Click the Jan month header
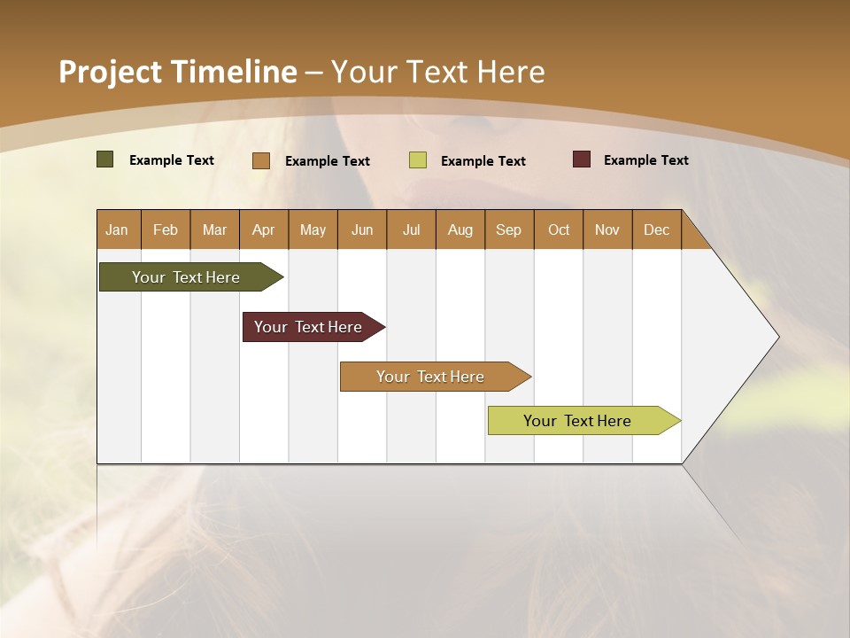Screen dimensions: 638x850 point(118,230)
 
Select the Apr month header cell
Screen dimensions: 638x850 point(264,230)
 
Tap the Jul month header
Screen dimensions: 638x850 point(411,230)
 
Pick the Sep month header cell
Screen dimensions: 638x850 point(509,230)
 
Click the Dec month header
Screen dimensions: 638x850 point(656,230)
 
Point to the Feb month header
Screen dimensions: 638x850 point(166,230)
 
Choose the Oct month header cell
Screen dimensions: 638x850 point(559,230)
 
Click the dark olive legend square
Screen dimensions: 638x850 point(105,159)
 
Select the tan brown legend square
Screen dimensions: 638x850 point(261,160)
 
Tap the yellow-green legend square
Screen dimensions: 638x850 point(418,160)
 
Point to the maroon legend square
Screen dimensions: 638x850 point(582,159)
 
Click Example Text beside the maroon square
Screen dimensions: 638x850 point(645,160)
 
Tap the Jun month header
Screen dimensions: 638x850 point(362,230)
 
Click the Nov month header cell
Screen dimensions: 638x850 point(607,230)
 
